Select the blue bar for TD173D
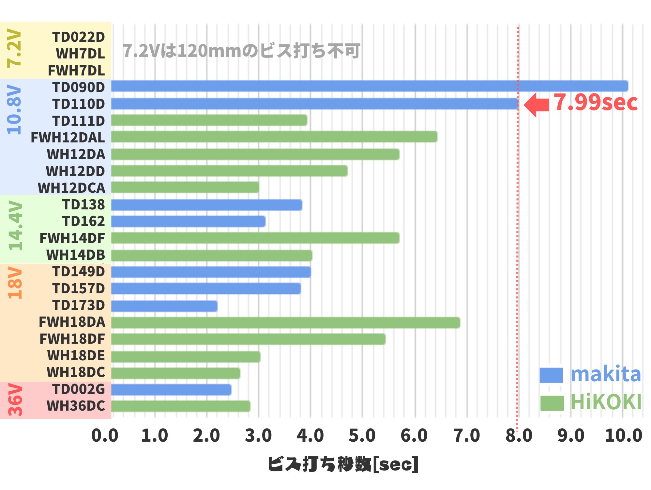(164, 306)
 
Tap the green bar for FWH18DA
(285, 323)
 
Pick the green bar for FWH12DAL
(274, 137)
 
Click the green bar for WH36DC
(181, 406)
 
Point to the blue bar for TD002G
(171, 390)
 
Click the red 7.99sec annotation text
(595, 103)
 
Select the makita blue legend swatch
(551, 375)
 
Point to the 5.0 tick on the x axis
(362, 436)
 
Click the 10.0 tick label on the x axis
(623, 436)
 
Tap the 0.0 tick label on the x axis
(105, 436)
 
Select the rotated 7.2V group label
(14, 48)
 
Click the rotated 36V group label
(15, 400)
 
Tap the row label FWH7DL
(76, 71)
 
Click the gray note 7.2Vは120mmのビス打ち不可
(241, 51)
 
